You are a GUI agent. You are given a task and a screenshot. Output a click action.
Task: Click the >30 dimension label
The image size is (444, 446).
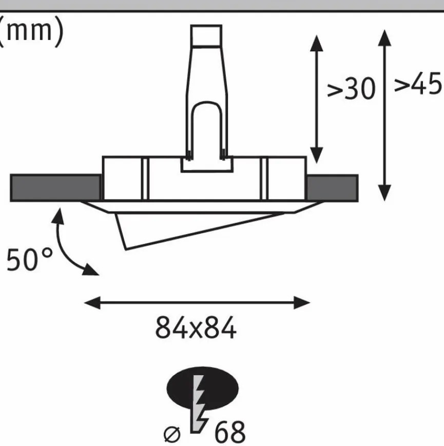[x=351, y=89]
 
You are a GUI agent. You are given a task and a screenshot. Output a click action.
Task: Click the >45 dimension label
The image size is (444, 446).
[x=418, y=84]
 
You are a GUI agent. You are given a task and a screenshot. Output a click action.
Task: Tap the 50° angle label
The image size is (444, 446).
[x=29, y=260]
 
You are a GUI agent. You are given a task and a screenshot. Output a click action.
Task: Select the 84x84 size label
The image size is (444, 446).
[x=196, y=328]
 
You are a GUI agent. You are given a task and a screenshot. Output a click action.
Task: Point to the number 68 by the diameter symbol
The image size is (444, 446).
[x=229, y=433]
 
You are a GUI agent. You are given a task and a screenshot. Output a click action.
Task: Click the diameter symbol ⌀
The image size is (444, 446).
[x=172, y=434]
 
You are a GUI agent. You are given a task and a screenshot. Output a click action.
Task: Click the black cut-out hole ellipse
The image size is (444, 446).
[x=202, y=389]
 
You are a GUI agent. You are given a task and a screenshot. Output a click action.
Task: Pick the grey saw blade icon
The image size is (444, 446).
[x=199, y=404]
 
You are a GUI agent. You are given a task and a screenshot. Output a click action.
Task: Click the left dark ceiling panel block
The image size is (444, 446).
[x=55, y=188]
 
